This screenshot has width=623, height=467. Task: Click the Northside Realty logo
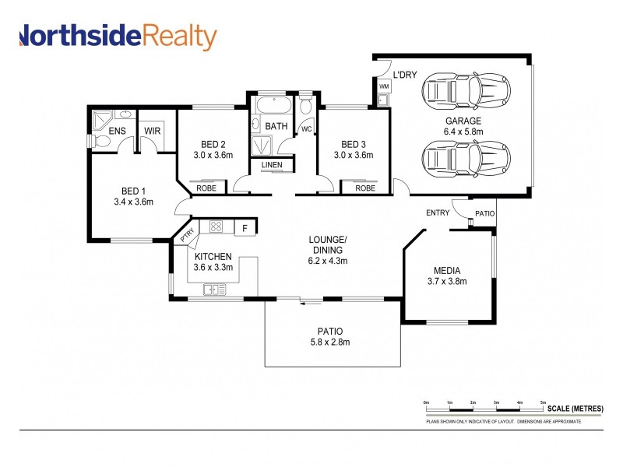pos(117,37)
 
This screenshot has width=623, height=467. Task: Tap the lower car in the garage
pos(466,160)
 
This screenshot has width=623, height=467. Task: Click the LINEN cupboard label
pos(272,165)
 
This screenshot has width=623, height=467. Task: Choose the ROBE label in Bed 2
pos(206,188)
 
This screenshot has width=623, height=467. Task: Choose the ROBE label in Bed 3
pos(364,188)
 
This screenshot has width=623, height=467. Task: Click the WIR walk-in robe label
pos(153,131)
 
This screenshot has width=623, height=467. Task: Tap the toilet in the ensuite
pos(100,141)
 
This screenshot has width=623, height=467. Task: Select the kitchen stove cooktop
pos(216,227)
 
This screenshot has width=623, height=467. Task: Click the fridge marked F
pos(245,228)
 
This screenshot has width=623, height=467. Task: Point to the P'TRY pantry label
pos(186,235)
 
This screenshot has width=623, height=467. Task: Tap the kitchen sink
pos(214,290)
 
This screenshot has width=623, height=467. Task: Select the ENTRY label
pos(438,212)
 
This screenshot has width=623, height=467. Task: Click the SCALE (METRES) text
pos(575,409)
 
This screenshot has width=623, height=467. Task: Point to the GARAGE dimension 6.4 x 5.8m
pos(463,132)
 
